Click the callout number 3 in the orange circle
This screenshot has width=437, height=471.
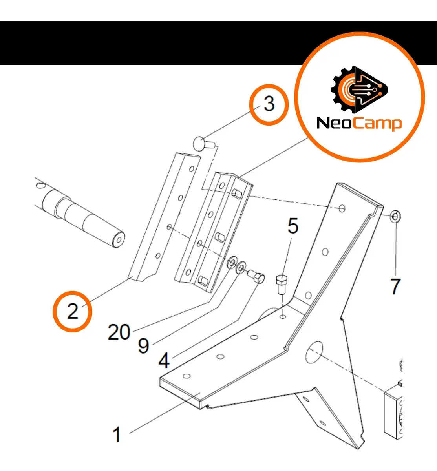[269, 104]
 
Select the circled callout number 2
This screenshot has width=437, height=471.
[73, 311]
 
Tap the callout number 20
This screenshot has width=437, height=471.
[119, 332]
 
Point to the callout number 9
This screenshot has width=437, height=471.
[144, 346]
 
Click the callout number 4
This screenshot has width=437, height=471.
[164, 360]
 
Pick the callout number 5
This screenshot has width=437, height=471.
[293, 226]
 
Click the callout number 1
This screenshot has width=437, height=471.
[117, 434]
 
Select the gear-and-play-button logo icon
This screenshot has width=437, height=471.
[359, 89]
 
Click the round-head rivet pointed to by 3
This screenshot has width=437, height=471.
[204, 144]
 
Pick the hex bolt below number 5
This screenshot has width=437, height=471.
[282, 285]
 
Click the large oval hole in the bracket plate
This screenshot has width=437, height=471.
[314, 352]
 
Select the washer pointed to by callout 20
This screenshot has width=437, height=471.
[232, 262]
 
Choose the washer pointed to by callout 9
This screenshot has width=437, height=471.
[241, 268]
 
